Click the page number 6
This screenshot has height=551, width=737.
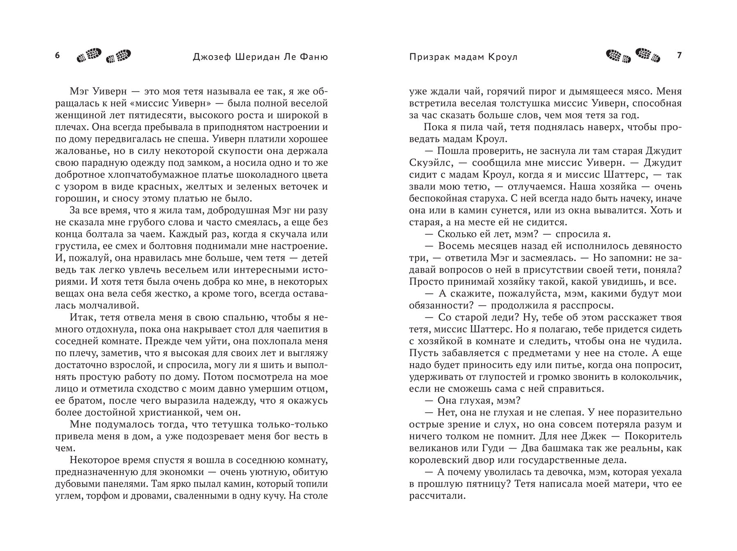pyautogui.click(x=57, y=55)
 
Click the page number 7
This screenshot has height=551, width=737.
pyautogui.click(x=680, y=55)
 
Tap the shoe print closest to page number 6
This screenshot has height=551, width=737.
pyautogui.click(x=89, y=56)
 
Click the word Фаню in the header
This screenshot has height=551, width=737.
pyautogui.click(x=312, y=57)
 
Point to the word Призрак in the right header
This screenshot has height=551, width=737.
pyautogui.click(x=428, y=57)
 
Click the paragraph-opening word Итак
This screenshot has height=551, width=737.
pyautogui.click(x=81, y=317)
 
